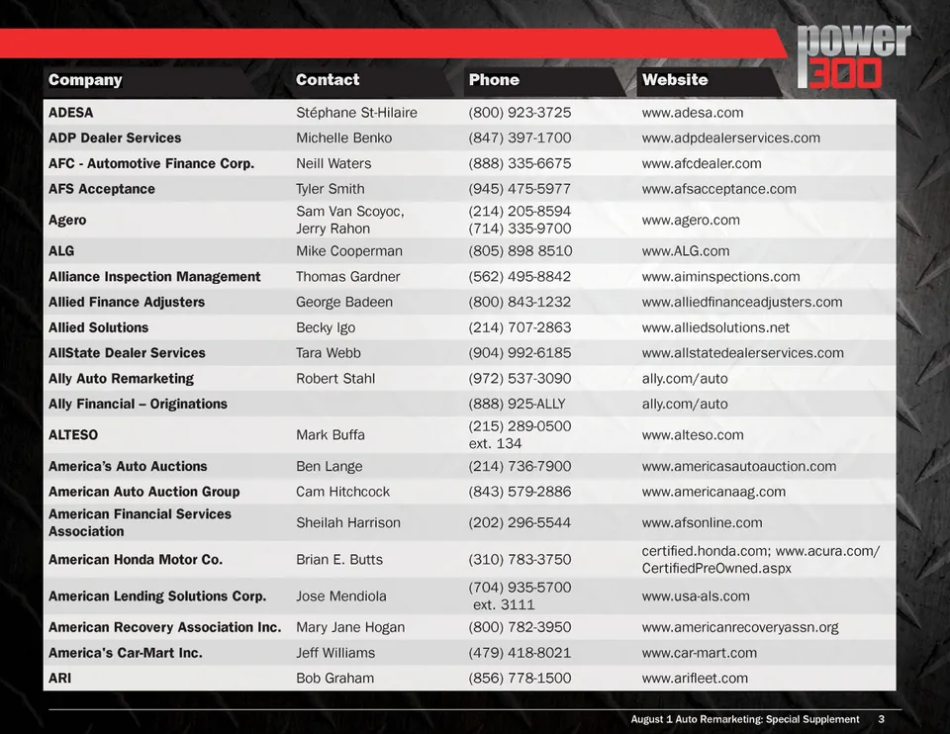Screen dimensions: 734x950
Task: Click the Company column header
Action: (x=85, y=80)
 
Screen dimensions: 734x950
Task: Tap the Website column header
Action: (x=674, y=80)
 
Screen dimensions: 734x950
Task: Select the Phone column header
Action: (x=494, y=80)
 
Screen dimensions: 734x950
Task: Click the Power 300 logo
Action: (x=853, y=56)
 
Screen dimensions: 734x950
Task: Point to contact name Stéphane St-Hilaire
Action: (x=356, y=113)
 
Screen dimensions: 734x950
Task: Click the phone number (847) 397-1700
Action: (x=520, y=138)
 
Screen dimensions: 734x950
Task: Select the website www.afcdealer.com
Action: (x=702, y=164)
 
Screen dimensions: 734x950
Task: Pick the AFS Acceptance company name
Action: (x=102, y=189)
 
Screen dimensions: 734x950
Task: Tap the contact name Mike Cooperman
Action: (x=349, y=251)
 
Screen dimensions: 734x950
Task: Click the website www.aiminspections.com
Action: (x=720, y=277)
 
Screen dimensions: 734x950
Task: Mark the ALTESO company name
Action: (x=73, y=435)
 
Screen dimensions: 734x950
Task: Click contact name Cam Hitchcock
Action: (x=342, y=492)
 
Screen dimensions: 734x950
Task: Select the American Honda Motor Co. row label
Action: (x=136, y=560)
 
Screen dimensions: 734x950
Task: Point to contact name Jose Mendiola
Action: (x=341, y=596)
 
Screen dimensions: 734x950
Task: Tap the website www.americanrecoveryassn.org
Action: (x=739, y=627)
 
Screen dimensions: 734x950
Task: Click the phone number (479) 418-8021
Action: (x=520, y=653)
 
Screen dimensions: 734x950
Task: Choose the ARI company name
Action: (x=60, y=679)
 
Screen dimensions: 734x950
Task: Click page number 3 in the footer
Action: (x=881, y=719)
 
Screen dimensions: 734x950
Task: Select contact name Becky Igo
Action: (x=326, y=327)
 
